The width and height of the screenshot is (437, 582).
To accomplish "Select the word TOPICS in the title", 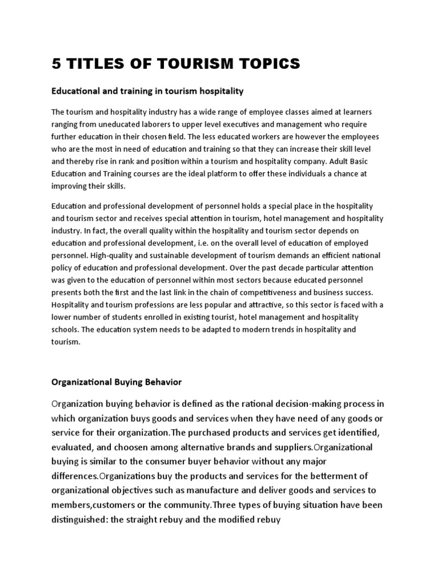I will (x=263, y=64).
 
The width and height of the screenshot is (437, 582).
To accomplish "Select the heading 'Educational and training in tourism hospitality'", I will (x=147, y=90).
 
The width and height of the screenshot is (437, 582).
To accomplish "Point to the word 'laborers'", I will (x=162, y=124).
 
